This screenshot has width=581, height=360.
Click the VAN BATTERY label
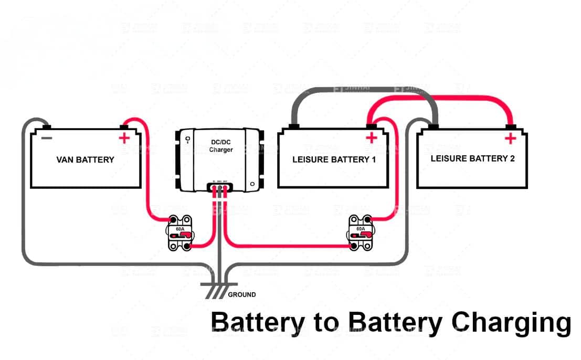(85, 160)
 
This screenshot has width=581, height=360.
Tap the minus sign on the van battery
(47, 138)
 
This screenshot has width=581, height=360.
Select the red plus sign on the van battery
(124, 139)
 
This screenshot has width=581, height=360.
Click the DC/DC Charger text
(221, 146)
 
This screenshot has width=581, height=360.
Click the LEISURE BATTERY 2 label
(472, 158)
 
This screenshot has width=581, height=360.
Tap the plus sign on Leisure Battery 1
(372, 138)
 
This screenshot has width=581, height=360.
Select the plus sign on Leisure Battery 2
(509, 138)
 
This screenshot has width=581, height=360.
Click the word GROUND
(242, 295)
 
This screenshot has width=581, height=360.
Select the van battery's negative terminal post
(47, 126)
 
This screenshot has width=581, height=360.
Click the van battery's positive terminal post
(124, 126)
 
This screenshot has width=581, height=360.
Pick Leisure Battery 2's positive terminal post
(510, 126)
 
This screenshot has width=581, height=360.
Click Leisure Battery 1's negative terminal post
(294, 126)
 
